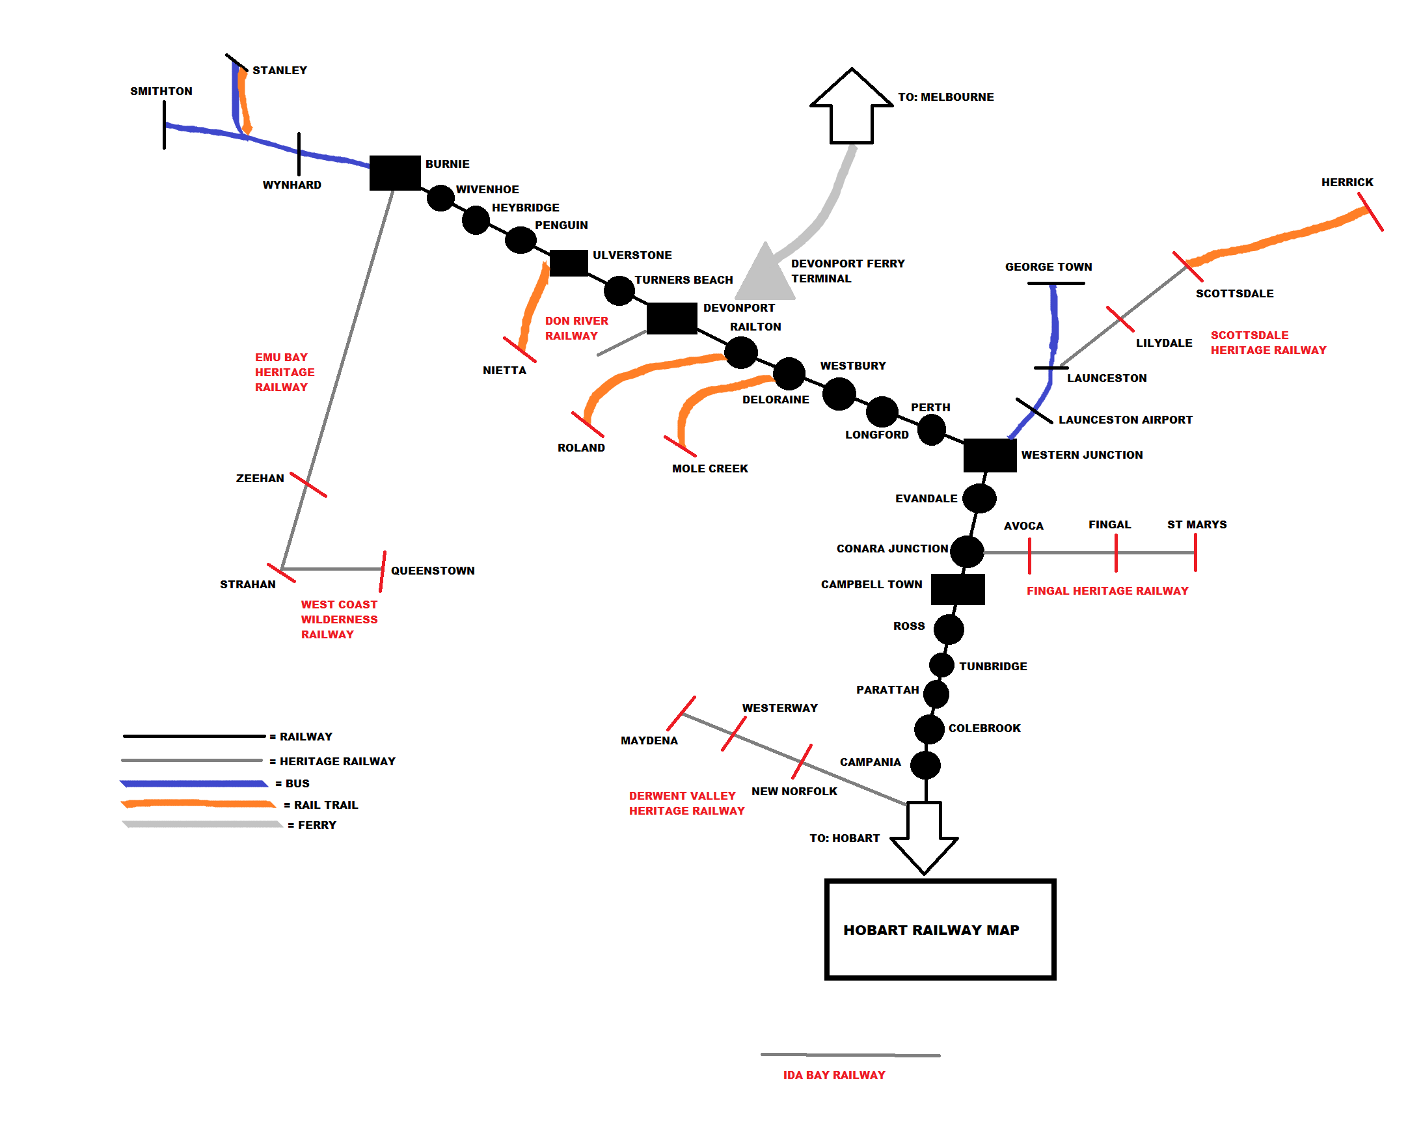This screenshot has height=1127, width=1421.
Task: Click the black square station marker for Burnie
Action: (x=395, y=172)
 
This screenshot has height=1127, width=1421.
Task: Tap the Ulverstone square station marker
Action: (x=568, y=263)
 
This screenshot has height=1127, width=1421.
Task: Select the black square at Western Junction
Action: (x=989, y=455)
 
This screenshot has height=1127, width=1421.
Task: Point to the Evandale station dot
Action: (x=979, y=498)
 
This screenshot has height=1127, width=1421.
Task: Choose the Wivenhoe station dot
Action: (x=440, y=198)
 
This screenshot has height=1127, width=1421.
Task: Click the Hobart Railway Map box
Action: (x=940, y=929)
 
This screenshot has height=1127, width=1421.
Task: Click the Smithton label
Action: (x=161, y=91)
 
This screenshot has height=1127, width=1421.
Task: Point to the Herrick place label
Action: (x=1347, y=182)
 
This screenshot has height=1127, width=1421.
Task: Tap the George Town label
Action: (x=1048, y=267)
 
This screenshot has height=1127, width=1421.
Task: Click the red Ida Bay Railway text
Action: (x=833, y=1075)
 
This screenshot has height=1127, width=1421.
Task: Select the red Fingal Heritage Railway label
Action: (x=1107, y=591)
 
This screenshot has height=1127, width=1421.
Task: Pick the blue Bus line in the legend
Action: (x=194, y=783)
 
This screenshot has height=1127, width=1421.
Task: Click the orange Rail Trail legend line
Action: (x=198, y=804)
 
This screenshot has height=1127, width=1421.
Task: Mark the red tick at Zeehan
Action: (x=308, y=484)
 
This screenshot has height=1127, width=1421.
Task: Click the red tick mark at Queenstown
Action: (x=383, y=571)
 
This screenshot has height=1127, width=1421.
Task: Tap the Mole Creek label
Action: (x=710, y=468)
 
